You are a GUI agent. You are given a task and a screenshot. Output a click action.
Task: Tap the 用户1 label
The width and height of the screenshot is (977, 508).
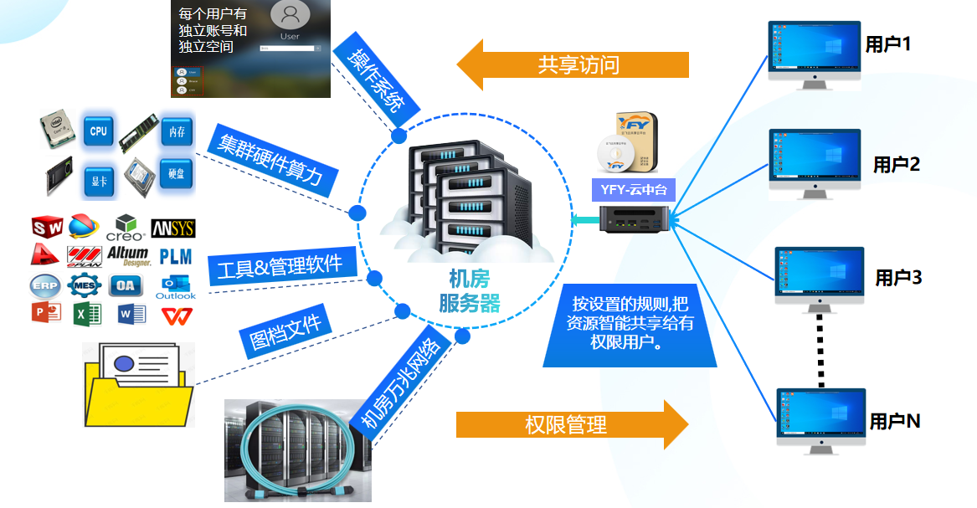pos(887,44)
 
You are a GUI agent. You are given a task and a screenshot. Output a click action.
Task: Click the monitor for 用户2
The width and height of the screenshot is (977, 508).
pos(815,162)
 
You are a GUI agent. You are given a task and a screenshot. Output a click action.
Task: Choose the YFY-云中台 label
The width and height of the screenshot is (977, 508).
pos(633,190)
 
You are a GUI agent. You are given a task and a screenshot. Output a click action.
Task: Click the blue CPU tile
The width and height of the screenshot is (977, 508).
pos(98,131)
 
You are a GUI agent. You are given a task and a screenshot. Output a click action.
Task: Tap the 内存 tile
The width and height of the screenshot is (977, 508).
pos(176,131)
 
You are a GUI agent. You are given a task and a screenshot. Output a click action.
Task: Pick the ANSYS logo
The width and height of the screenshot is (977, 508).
pos(173,228)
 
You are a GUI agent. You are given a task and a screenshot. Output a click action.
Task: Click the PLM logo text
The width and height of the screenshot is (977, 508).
pos(175,255)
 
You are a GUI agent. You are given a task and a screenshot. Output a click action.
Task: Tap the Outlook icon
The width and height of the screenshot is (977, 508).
pos(175,285)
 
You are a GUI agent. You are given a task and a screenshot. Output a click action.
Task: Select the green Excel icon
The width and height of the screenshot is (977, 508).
pos(87,314)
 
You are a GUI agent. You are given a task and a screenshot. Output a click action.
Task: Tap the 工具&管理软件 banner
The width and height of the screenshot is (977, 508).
pos(280,267)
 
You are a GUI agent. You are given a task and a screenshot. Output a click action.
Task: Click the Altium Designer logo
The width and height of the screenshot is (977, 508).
pos(128,255)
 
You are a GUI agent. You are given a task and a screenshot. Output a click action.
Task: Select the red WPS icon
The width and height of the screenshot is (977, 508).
pos(175,315)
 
